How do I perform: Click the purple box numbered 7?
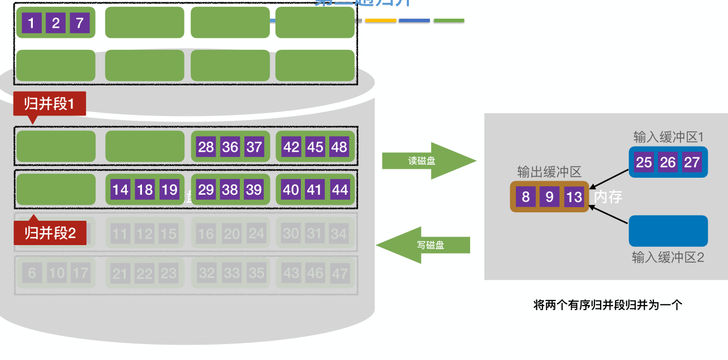point(80,23)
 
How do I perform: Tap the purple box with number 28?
point(206,147)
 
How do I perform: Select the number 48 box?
point(339,147)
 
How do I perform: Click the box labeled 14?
point(120,190)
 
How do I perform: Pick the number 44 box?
point(339,190)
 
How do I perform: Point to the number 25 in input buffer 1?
point(644,162)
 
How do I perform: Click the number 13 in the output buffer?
point(574,197)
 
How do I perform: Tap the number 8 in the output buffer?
point(526,197)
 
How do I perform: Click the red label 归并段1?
point(49,104)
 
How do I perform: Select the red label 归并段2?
point(50,233)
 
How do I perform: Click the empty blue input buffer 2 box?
point(668,231)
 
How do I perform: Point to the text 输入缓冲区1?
point(668,137)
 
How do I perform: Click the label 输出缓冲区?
point(549,172)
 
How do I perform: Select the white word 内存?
point(608,197)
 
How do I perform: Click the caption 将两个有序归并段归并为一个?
point(608,305)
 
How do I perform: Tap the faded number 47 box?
point(339,273)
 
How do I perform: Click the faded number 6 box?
point(32,273)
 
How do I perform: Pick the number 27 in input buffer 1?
point(692,162)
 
